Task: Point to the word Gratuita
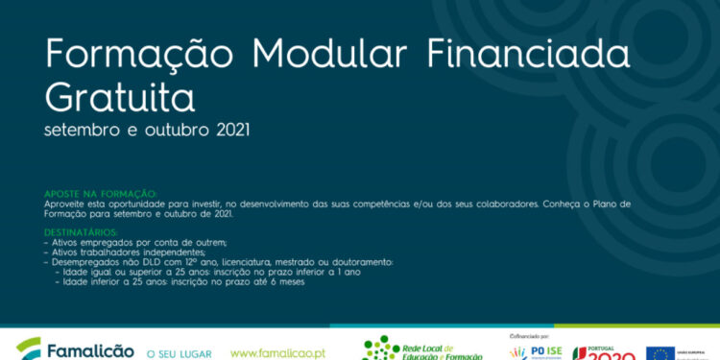[x=120, y=97]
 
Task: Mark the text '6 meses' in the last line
[x=286, y=281]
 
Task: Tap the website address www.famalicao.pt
[x=277, y=352]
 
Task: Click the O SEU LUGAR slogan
[x=179, y=353]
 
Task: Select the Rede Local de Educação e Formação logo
[x=422, y=349]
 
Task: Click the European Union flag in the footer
[x=660, y=353]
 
